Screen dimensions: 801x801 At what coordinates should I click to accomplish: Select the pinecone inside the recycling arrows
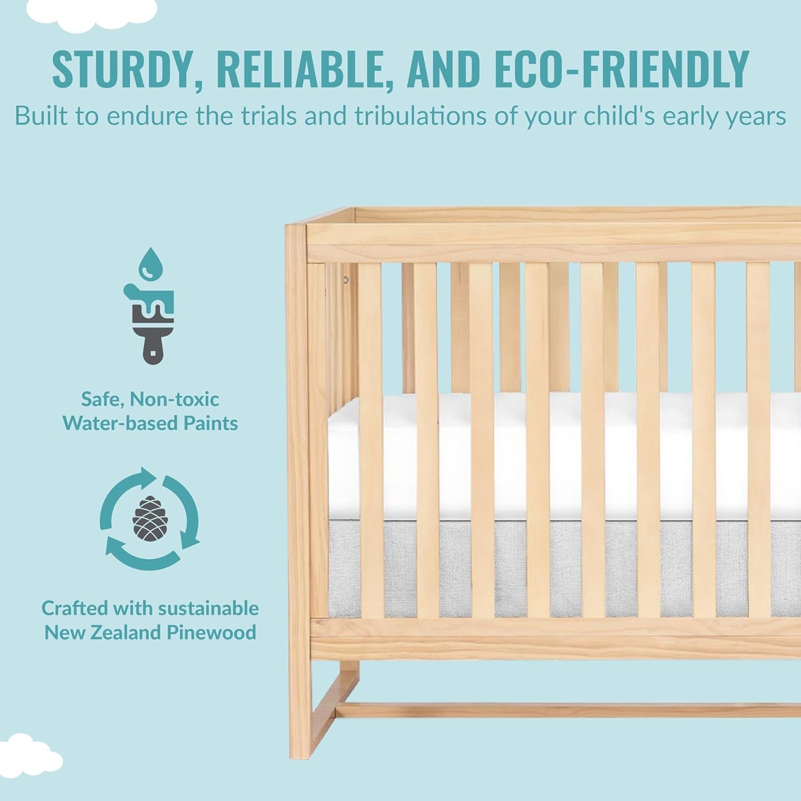pos(150,518)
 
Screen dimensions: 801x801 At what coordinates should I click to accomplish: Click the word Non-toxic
pos(174,399)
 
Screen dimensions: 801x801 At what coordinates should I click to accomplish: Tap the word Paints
pos(211,423)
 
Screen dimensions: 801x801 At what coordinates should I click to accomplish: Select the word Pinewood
pos(211,632)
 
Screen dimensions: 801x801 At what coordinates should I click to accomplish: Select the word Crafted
pos(72,608)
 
